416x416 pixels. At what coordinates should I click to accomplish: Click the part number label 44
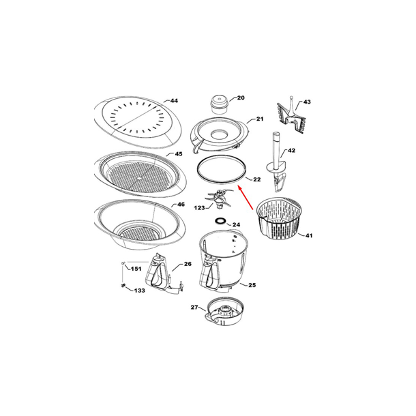click(174, 101)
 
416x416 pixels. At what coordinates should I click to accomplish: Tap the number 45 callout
click(178, 155)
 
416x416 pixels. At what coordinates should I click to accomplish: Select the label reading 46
click(180, 205)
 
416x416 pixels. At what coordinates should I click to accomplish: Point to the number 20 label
click(241, 98)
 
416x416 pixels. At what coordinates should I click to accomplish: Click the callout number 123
click(199, 207)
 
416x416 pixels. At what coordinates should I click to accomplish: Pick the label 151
click(136, 269)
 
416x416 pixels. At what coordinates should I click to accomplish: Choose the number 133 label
click(138, 291)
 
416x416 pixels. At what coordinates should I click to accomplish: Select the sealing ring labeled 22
click(220, 170)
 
